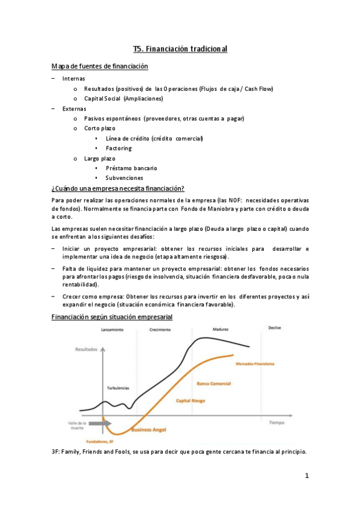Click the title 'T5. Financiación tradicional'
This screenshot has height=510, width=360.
pos(180,49)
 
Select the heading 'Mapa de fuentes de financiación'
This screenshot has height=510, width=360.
pos(100,66)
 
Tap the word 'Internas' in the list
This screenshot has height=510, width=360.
pos(74,79)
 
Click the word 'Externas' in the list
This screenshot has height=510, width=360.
pos(74,108)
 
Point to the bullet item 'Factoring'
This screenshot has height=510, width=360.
pos(118,148)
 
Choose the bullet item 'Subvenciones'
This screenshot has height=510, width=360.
pos(124,178)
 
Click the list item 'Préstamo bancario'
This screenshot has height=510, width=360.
pos(131,168)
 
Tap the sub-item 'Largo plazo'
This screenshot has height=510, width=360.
pos(99,158)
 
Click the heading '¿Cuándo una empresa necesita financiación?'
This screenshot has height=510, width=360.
pos(118,189)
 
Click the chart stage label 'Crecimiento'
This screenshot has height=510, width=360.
pos(160,330)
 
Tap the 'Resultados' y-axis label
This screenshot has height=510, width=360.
pos(86,349)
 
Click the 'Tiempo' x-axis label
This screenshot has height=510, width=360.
pos(276,422)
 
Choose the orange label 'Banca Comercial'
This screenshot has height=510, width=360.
pos(213,382)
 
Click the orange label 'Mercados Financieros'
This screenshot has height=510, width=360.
pos(255,364)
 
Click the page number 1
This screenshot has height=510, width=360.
pos(307,476)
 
